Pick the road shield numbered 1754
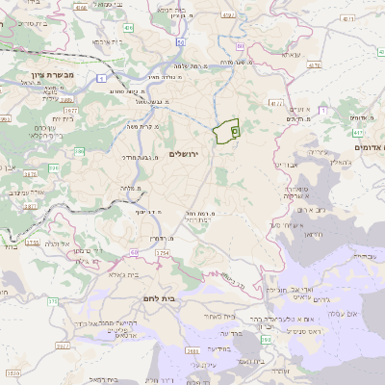pos(161,251)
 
